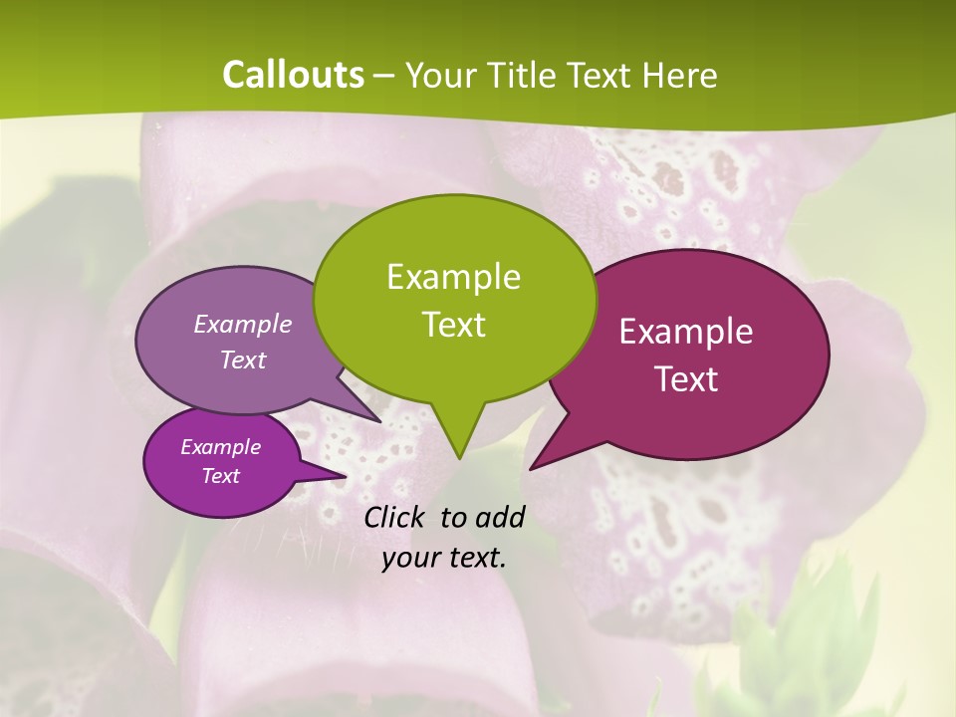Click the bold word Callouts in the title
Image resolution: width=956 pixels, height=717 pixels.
coord(293,75)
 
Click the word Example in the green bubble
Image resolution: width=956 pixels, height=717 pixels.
coord(453,277)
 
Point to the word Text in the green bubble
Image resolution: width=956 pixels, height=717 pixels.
coord(453,325)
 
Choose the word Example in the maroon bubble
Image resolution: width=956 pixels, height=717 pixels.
coord(686,332)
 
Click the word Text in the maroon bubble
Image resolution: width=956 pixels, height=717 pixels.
coord(686,379)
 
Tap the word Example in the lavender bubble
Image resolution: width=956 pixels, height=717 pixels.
coord(243,324)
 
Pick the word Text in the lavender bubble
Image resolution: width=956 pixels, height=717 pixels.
coord(243,359)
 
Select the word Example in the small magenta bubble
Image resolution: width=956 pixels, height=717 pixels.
coord(220,447)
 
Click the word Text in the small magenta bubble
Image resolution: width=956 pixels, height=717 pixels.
coord(220,476)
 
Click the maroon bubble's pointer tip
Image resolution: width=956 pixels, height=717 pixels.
coord(531,468)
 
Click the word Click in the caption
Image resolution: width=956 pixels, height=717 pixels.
coord(396,517)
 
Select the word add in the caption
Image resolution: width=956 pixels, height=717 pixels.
coord(500,517)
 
